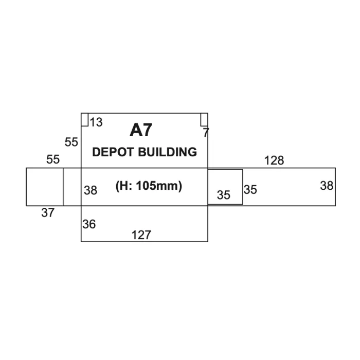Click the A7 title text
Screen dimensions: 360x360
tap(141, 130)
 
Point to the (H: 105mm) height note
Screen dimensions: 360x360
tap(149, 186)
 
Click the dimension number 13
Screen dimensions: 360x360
tap(96, 122)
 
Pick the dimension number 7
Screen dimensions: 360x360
tap(206, 133)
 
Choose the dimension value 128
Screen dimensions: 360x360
tap(274, 160)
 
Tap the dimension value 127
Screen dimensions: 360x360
tap(141, 235)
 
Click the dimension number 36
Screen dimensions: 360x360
tap(89, 224)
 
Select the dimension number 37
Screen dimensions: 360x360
tap(48, 213)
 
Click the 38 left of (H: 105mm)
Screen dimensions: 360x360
tap(91, 191)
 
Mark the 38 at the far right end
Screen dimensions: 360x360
tap(327, 186)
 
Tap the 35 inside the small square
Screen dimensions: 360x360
tap(224, 195)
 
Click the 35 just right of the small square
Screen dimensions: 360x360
tap(250, 190)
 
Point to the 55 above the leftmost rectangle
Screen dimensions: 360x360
tap(53, 159)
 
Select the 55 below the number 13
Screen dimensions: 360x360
tap(71, 142)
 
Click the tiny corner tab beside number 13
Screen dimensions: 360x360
tap(85, 119)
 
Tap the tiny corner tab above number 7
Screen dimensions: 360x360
tap(204, 119)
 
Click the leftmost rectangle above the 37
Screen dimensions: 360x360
tap(45, 187)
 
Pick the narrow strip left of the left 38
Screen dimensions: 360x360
tap(72, 187)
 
